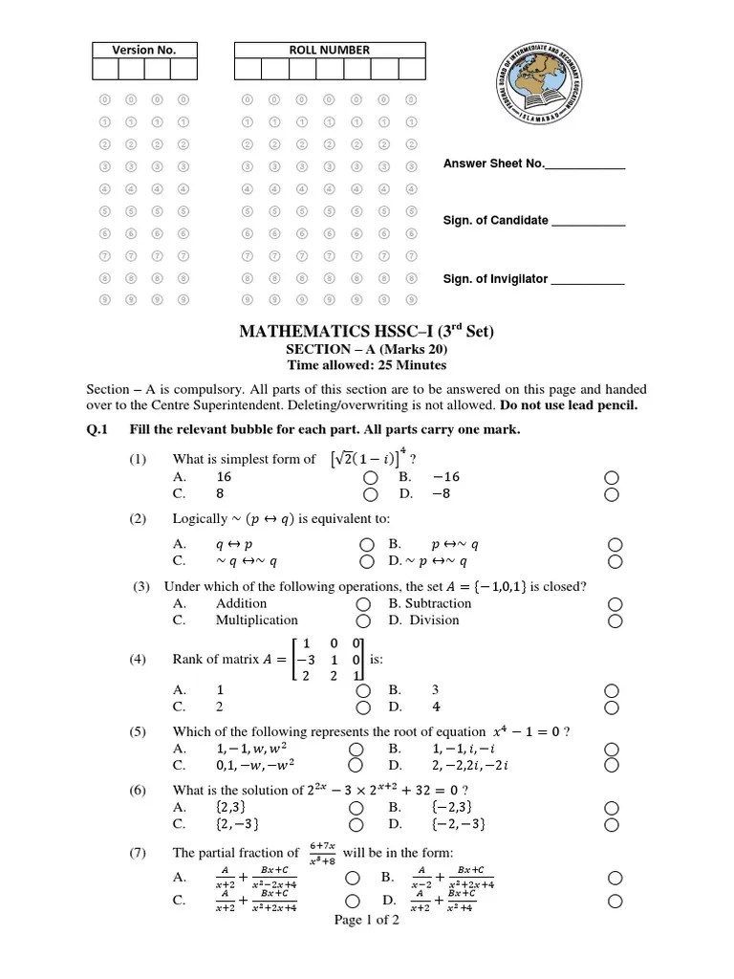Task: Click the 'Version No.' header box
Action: pos(144,50)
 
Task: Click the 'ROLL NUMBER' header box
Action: pos(329,50)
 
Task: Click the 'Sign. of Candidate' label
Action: pos(495,220)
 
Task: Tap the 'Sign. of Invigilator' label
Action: pos(495,279)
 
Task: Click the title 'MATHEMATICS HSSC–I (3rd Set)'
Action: pos(367,332)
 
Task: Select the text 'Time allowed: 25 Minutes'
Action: pos(367,365)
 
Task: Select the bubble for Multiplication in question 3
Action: pos(362,620)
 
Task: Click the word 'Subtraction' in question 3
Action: pos(438,603)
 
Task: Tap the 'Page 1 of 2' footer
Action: pos(367,921)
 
